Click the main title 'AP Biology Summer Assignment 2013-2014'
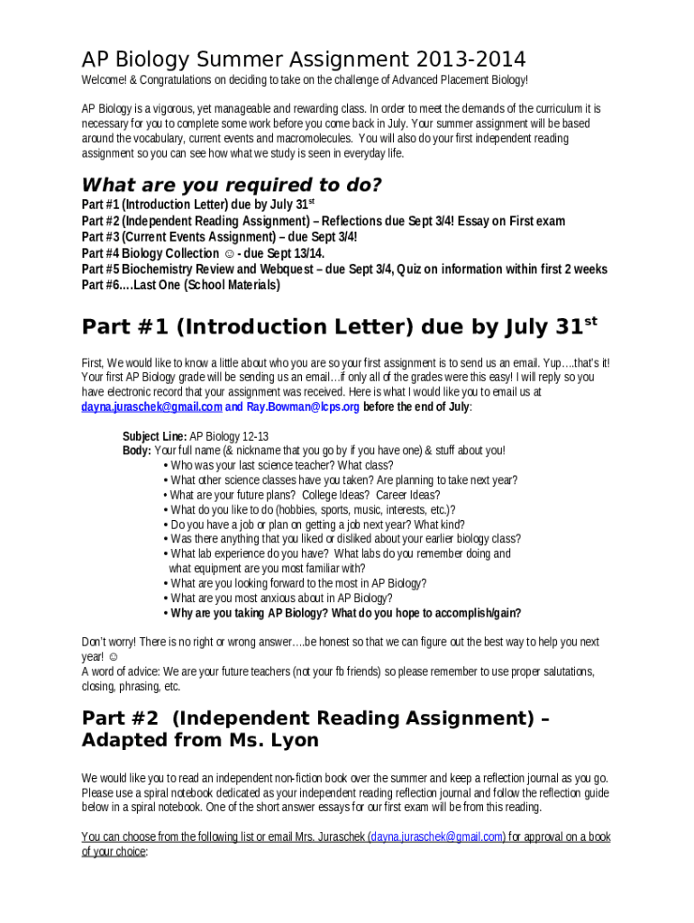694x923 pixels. click(x=304, y=60)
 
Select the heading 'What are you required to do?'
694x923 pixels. click(x=232, y=186)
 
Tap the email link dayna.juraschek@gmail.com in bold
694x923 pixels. click(x=151, y=407)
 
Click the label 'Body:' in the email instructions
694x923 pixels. click(x=137, y=451)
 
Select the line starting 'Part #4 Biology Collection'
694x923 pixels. click(x=203, y=253)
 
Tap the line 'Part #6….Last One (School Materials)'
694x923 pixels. click(x=180, y=286)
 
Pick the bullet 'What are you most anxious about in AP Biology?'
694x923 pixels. click(x=281, y=599)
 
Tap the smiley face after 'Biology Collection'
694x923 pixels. click(x=229, y=254)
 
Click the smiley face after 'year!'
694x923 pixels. click(x=113, y=657)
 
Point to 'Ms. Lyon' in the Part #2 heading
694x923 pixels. click(x=277, y=740)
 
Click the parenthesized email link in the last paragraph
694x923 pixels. click(x=438, y=837)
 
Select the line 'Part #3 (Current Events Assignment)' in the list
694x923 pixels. click(x=219, y=237)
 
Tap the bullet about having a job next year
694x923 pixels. click(x=317, y=525)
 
